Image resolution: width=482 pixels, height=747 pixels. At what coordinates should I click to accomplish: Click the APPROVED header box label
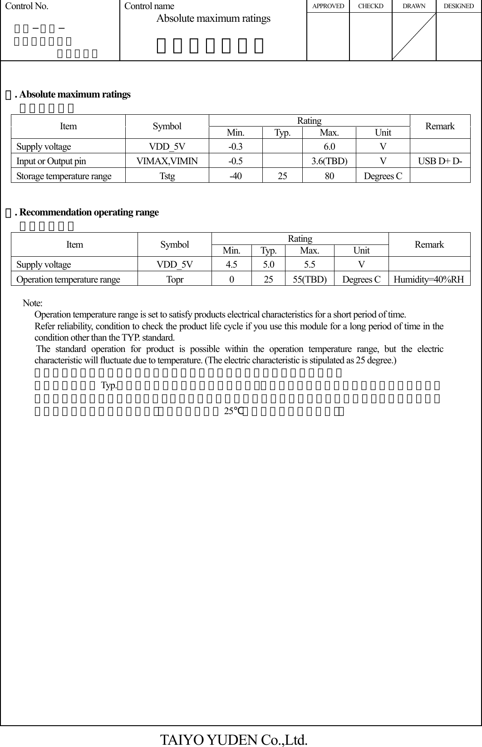(x=328, y=6)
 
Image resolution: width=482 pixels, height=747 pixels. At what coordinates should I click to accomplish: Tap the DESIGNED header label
(x=458, y=6)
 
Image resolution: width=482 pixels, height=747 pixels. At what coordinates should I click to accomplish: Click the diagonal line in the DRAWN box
(x=413, y=36)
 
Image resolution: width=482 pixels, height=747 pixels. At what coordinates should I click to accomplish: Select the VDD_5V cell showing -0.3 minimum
(x=235, y=146)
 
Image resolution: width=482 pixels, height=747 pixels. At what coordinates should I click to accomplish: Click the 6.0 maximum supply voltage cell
(x=330, y=146)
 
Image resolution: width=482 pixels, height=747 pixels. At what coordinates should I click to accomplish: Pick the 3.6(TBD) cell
(x=330, y=161)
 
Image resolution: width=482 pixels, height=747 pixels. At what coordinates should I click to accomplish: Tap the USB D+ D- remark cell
(x=440, y=161)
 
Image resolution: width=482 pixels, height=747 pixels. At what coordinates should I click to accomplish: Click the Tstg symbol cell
(x=167, y=176)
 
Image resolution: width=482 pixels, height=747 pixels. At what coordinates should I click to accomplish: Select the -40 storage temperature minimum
(x=235, y=176)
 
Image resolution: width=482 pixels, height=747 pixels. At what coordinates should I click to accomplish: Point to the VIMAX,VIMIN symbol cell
(x=167, y=161)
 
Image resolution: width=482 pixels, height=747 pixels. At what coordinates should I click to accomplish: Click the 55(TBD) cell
(x=310, y=279)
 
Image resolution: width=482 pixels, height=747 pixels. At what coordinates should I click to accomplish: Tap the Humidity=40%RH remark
(x=429, y=279)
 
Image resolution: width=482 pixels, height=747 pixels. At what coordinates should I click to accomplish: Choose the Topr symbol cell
(x=175, y=279)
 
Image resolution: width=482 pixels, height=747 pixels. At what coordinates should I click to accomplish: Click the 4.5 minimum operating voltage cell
(x=231, y=264)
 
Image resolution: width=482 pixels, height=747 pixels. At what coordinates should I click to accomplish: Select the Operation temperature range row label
(x=68, y=279)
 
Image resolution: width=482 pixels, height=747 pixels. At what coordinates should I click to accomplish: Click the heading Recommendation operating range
(x=89, y=212)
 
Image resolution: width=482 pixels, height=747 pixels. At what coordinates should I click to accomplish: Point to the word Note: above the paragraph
(x=33, y=303)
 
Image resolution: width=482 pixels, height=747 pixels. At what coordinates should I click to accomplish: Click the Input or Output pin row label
(x=51, y=161)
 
